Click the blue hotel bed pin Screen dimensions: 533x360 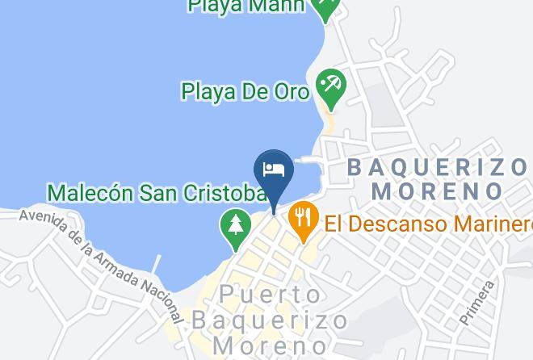point(274,170)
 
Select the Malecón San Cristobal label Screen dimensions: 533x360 point(157,193)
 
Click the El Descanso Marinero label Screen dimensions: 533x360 point(428,222)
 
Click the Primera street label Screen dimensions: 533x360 point(477,302)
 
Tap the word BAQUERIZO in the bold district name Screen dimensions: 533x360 point(437,168)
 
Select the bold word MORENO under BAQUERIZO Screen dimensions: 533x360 point(439,191)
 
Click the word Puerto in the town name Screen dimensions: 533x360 point(259,293)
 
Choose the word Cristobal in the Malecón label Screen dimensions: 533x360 point(221,193)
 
